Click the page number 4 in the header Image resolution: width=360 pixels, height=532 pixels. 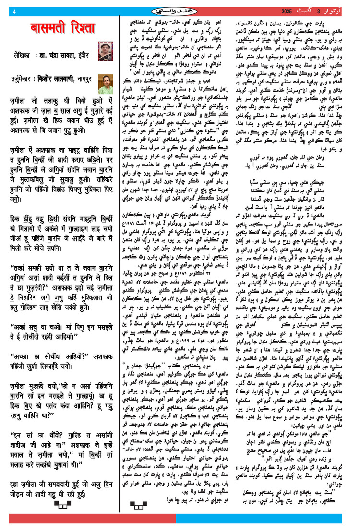click(x=15, y=11)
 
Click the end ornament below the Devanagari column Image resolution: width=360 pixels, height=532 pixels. click(x=63, y=504)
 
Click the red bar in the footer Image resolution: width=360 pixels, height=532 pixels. click(x=91, y=519)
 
